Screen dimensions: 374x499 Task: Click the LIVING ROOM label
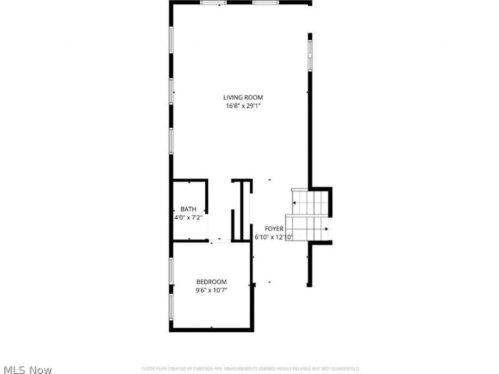point(243,97)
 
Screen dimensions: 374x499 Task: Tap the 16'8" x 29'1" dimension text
point(243,106)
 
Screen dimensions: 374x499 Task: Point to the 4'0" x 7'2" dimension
point(188,218)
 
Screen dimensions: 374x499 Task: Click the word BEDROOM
point(211,281)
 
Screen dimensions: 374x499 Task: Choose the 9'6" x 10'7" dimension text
point(211,290)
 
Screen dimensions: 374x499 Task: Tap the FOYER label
point(274,229)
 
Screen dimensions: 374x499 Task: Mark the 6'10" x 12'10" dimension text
point(274,237)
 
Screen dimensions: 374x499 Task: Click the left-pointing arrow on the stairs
point(294,203)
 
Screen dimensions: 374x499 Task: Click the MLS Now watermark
point(27,370)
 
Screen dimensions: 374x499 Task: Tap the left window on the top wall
point(213,2)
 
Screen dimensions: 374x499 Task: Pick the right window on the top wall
point(266,2)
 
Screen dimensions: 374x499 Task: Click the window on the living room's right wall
point(309,52)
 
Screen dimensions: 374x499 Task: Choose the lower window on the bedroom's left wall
point(171,306)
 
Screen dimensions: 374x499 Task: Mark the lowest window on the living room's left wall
point(171,140)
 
